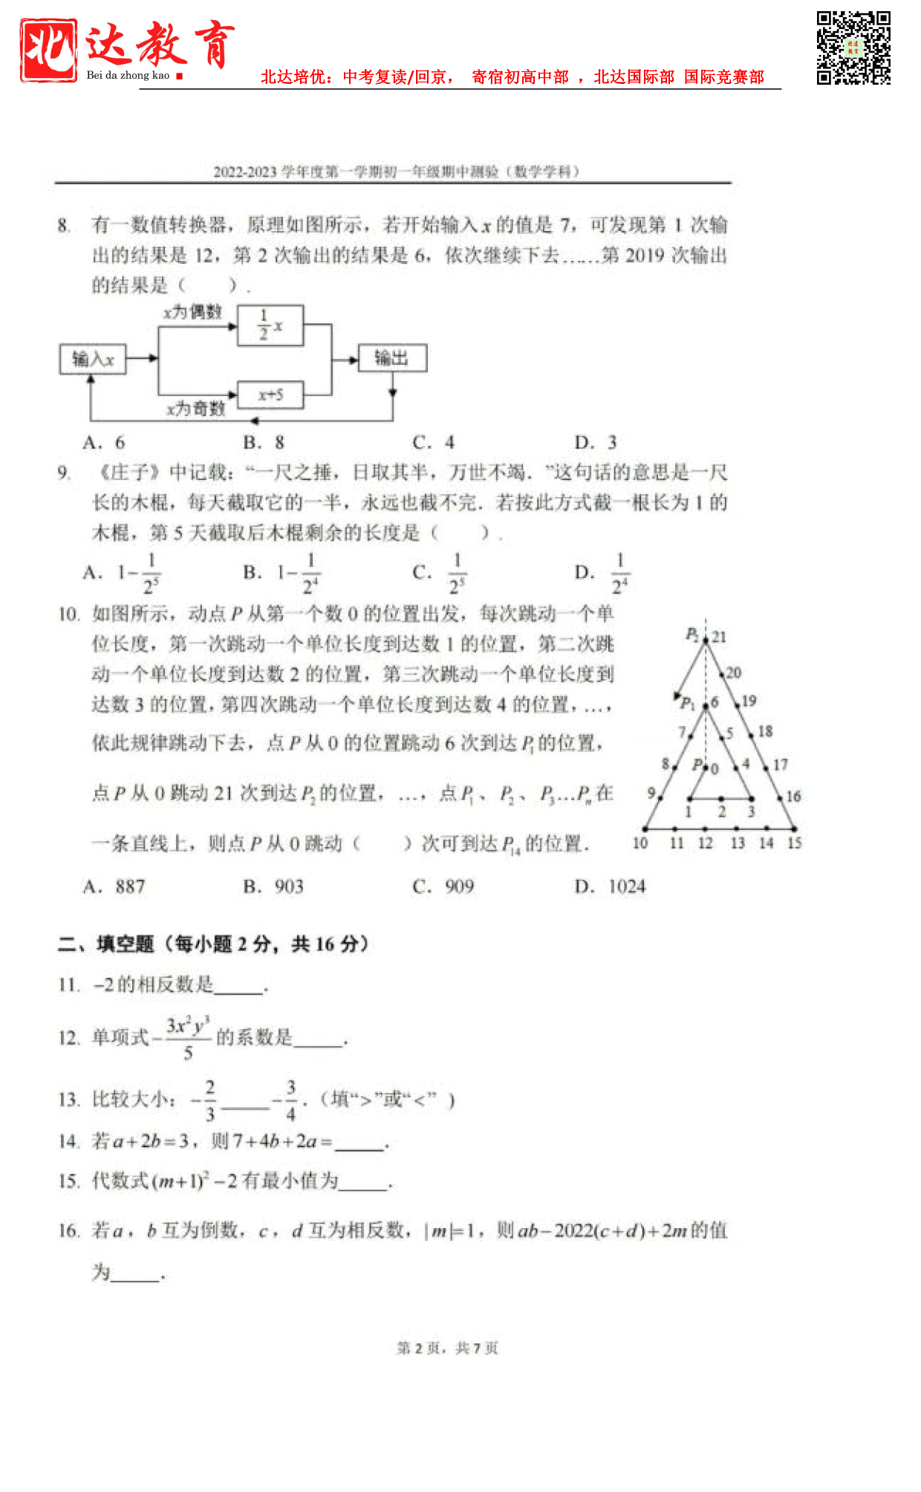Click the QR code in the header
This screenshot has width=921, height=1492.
(x=853, y=48)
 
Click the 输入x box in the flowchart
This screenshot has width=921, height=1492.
(x=92, y=360)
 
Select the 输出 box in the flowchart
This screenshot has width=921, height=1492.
(x=392, y=358)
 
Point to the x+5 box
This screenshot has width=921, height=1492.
(x=270, y=395)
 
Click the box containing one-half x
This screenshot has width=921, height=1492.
(x=270, y=325)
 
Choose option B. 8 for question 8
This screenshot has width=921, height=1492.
(x=264, y=443)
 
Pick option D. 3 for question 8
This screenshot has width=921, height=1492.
(x=596, y=443)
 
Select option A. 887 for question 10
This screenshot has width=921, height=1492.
(x=114, y=886)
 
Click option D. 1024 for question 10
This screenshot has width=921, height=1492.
(x=611, y=886)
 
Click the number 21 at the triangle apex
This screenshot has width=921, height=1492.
(x=719, y=637)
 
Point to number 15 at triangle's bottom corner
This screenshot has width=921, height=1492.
(x=794, y=843)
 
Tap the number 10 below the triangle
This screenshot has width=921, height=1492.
(x=640, y=843)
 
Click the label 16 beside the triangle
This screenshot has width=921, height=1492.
(x=793, y=797)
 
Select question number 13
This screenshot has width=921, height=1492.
(x=68, y=1100)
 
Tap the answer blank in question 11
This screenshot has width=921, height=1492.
(x=238, y=987)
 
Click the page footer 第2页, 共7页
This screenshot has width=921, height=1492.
(x=447, y=1348)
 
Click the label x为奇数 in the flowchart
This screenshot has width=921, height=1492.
(x=196, y=409)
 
